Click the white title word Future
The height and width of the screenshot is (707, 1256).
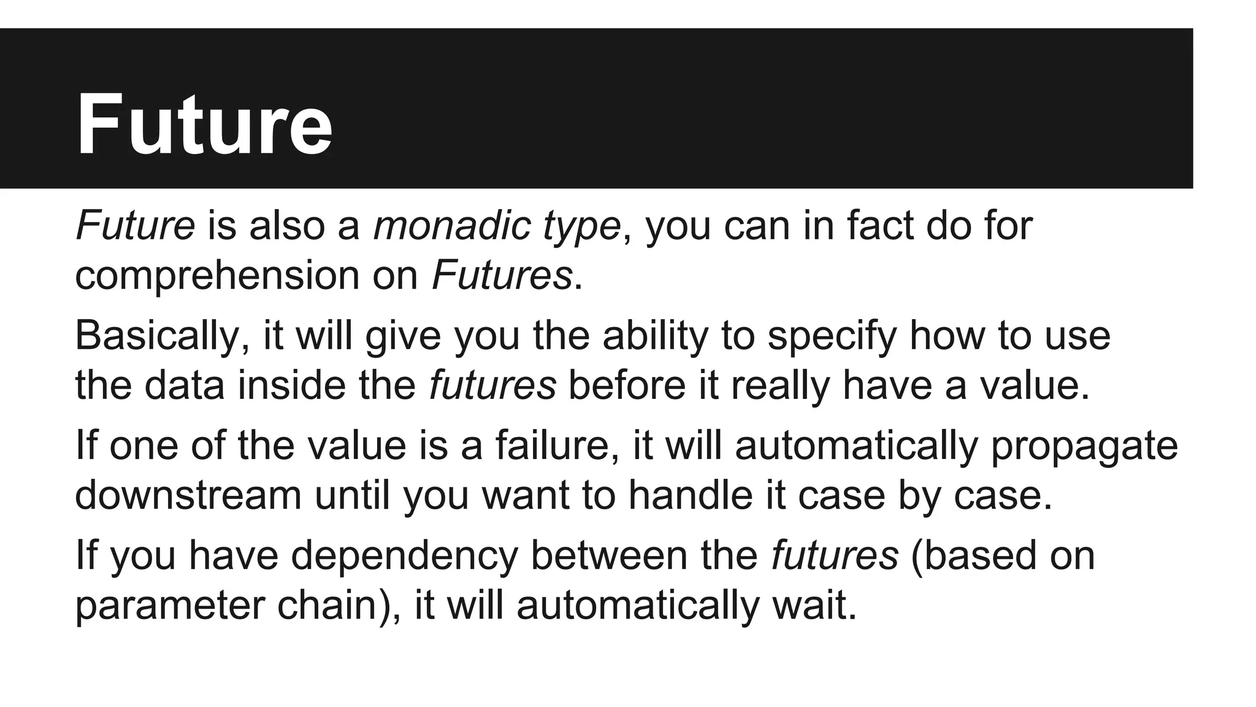point(204,125)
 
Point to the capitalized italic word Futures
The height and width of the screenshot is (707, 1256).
point(502,275)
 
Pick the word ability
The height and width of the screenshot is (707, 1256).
point(655,336)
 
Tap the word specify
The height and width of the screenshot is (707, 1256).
point(832,336)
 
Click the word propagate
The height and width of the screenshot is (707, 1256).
point(1084,446)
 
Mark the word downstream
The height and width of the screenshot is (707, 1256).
point(188,495)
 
